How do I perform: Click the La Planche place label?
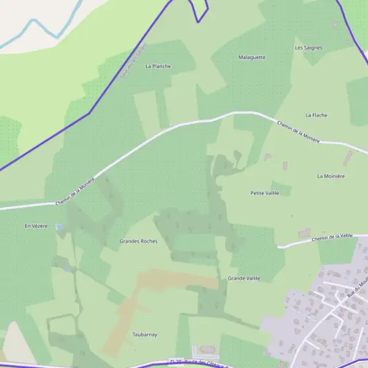tap(158, 66)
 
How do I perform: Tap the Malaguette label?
tap(251, 57)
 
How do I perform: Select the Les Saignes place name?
tap(308, 47)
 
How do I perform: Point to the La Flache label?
tap(316, 115)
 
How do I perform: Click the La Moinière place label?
tap(331, 176)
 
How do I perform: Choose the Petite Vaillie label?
tap(264, 193)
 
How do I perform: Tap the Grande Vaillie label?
tap(243, 278)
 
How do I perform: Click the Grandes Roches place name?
tap(139, 241)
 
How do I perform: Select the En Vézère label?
tap(36, 226)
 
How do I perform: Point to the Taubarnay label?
tap(145, 334)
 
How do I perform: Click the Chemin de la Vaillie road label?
tap(332, 237)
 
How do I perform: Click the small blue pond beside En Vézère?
tap(59, 227)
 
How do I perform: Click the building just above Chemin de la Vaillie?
tap(304, 233)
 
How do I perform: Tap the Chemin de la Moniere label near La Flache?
tap(298, 131)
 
